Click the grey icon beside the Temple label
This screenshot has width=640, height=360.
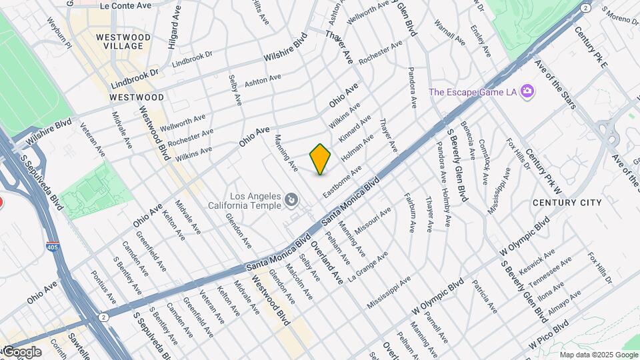[x=291, y=199]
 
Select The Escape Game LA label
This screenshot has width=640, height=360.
[x=473, y=92]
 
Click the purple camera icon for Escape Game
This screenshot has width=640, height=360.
[x=527, y=91]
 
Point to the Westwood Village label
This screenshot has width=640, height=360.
[x=119, y=41]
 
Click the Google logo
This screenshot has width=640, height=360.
[x=21, y=352]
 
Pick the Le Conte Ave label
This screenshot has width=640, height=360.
[x=125, y=5]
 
